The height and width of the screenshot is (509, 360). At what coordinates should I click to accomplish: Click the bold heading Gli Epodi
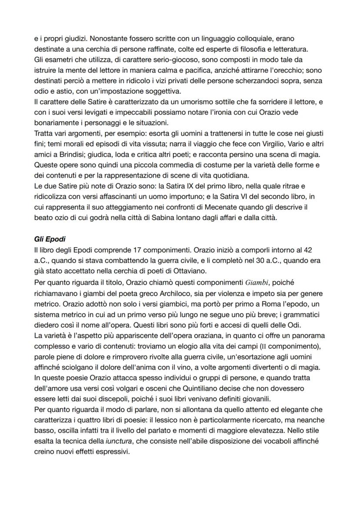(x=49, y=239)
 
